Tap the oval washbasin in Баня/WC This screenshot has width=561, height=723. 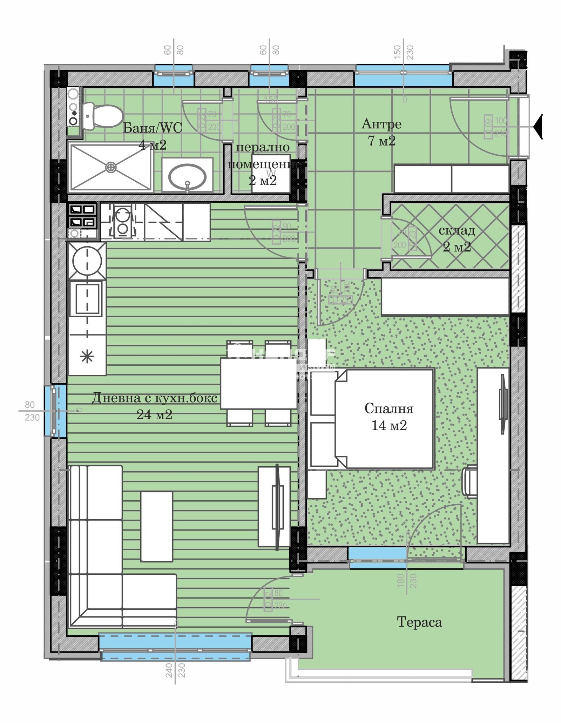click(187, 176)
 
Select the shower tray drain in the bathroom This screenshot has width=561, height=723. click(111, 168)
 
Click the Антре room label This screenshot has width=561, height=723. click(381, 124)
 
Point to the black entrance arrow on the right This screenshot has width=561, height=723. click(538, 127)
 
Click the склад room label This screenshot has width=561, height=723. click(457, 230)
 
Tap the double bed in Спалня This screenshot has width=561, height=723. click(384, 419)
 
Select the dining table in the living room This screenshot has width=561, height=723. click(259, 383)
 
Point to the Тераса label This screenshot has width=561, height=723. click(419, 622)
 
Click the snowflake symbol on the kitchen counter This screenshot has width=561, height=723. click(87, 357)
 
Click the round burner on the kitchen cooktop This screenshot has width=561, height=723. click(87, 261)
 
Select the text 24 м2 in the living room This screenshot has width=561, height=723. click(154, 415)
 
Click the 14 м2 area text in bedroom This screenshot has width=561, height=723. click(389, 425)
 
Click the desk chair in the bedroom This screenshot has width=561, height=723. click(470, 481)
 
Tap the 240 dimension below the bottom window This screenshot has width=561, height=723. click(169, 680)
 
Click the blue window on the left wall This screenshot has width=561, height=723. click(55, 411)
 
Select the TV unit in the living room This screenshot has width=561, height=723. click(274, 506)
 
